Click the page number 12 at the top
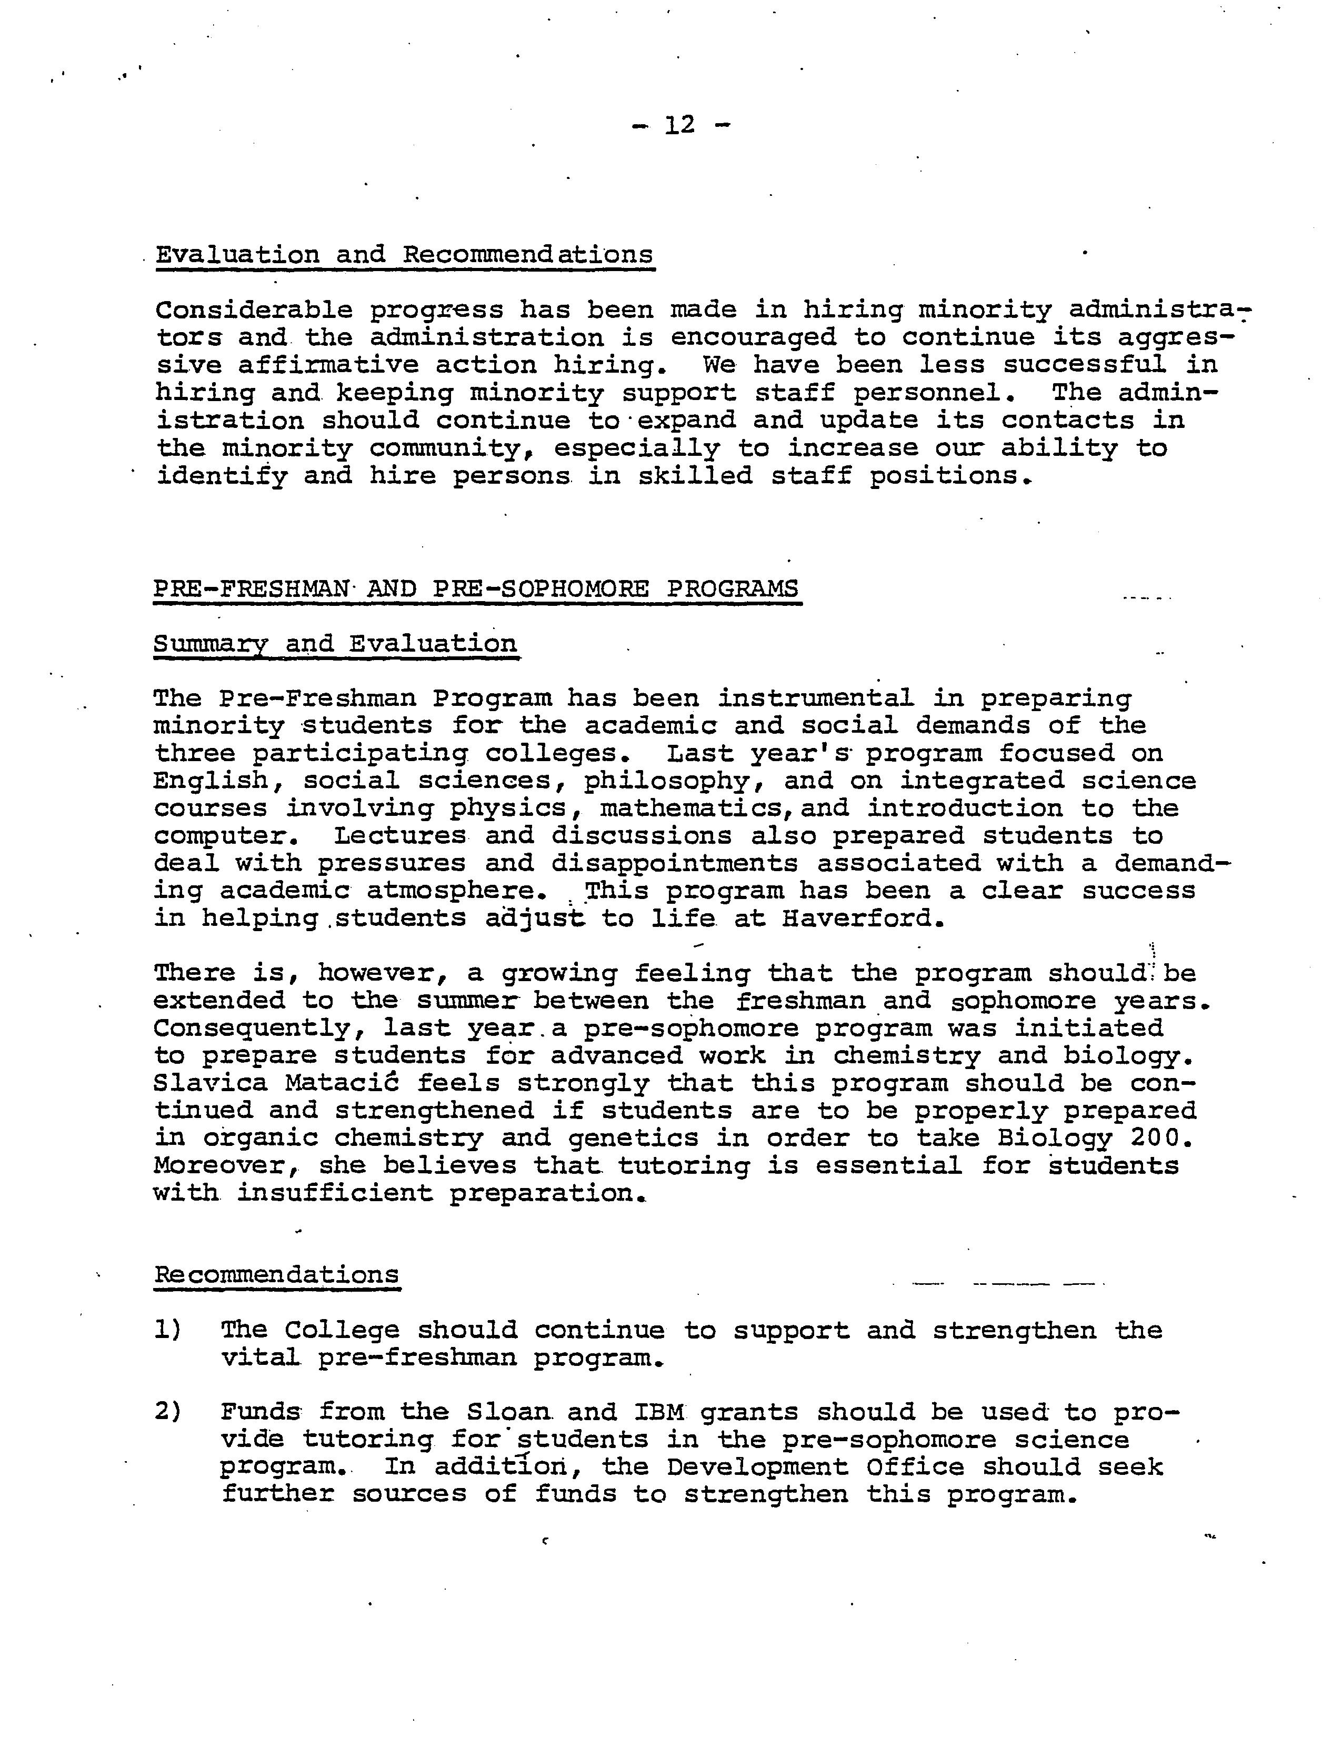pos(680,125)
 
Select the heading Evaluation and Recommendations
pos(405,255)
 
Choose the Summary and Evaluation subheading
pos(335,643)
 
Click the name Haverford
pos(863,919)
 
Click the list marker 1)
pos(168,1330)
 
